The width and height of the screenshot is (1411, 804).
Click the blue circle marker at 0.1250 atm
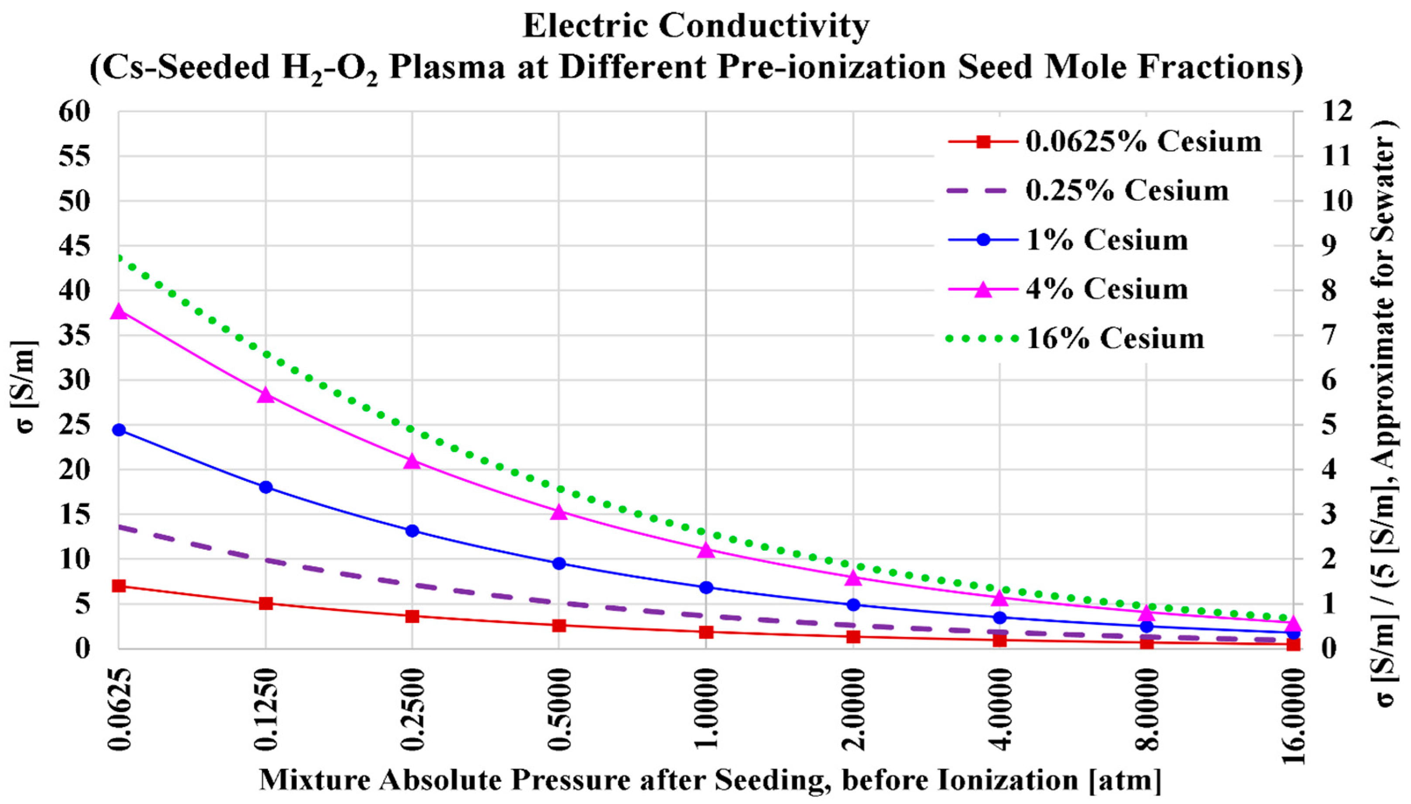pos(266,487)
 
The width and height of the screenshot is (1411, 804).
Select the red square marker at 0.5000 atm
pos(559,626)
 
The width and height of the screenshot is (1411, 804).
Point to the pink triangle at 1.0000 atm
pos(705,551)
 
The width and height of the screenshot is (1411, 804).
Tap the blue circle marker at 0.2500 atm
pos(412,530)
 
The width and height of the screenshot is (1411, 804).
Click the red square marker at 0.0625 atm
pos(119,586)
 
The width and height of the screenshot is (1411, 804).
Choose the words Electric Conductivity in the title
pos(696,27)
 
